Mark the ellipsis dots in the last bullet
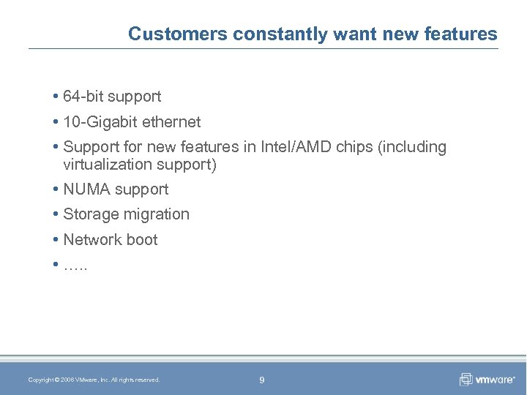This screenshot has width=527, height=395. (x=75, y=266)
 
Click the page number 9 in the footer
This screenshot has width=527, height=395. (x=262, y=380)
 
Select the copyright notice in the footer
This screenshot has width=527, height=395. (x=94, y=380)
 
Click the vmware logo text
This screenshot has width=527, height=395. (x=496, y=380)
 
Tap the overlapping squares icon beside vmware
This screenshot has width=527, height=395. (x=466, y=379)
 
